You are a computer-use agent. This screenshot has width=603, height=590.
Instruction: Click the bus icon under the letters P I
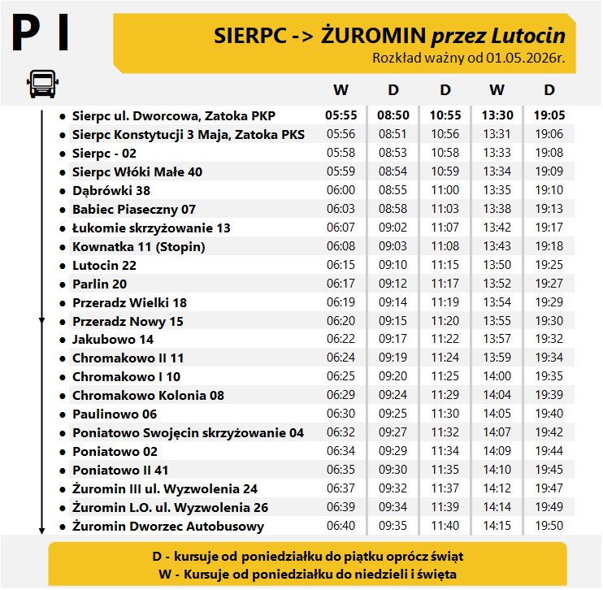pos(41,83)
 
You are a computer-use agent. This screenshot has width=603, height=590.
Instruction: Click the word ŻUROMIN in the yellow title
pos(375,36)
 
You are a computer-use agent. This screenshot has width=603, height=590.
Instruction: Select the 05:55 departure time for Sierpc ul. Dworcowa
pos(341,115)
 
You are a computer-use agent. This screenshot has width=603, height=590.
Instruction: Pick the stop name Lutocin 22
pos(104,265)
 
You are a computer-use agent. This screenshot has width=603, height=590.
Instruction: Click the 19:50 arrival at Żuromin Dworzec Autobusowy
pos(549,526)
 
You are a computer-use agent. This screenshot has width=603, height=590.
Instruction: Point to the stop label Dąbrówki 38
pos(111,190)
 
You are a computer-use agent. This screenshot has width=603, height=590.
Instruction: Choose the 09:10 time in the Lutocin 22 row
pos(393,265)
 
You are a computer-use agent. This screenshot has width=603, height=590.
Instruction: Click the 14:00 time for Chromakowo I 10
pos(497,376)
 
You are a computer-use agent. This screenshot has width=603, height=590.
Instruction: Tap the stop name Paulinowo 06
pos(115,414)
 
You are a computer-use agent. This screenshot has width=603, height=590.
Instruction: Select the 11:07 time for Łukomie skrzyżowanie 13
pos(445,228)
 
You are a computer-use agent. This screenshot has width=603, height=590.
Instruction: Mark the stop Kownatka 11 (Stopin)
pos(138,246)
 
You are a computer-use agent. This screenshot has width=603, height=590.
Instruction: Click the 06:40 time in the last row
pos(341,526)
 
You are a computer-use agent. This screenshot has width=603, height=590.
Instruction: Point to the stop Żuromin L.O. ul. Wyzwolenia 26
pos(170,507)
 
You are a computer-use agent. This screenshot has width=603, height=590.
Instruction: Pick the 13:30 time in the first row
pos(497,115)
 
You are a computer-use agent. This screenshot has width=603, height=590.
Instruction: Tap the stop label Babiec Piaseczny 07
pos(134,209)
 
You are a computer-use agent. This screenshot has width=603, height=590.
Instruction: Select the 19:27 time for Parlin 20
pos(549,284)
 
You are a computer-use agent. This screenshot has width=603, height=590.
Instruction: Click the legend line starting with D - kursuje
pos(307,557)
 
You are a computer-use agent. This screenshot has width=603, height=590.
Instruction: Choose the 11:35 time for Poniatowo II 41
pos(445,470)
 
